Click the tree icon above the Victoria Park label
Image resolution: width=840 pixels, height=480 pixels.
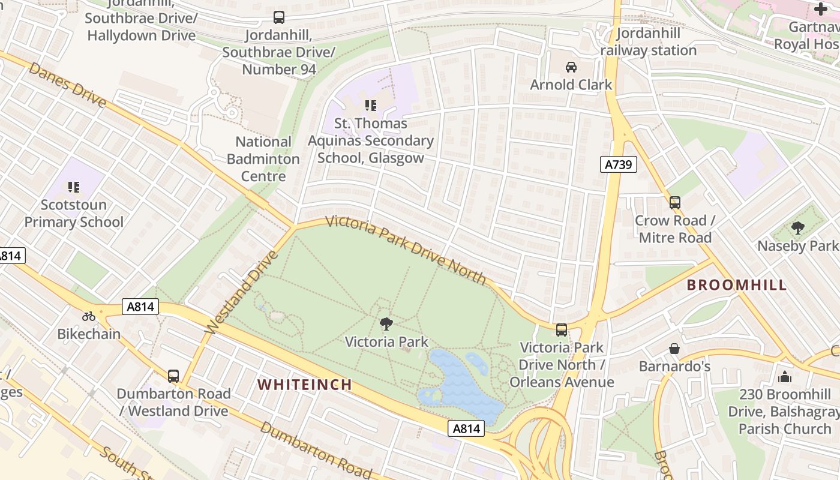pos(386,324)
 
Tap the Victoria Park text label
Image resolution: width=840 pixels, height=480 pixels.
pos(386,342)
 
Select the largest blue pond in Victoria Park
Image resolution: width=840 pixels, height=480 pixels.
pos(462,384)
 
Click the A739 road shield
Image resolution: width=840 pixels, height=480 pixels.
pos(618,164)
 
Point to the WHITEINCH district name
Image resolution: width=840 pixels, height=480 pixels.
pos(305,385)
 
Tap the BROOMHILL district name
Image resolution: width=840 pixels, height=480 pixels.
pos(736,285)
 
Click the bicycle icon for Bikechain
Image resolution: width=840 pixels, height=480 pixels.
pos(89,316)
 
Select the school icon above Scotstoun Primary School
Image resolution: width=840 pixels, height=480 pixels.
pos(74,187)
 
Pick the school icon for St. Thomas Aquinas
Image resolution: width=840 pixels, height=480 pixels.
pos(371,106)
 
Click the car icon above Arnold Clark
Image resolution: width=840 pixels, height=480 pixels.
pos(571,67)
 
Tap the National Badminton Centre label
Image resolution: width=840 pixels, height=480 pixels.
pos(263,159)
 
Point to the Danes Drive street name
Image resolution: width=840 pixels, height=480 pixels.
pos(67,85)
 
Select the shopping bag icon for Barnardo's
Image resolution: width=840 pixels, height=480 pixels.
pos(674,349)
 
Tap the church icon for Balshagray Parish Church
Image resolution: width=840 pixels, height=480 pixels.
pos(784,377)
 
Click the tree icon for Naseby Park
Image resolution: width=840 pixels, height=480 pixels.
pos(797,228)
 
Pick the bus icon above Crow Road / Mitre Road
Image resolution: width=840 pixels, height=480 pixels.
pos(675,203)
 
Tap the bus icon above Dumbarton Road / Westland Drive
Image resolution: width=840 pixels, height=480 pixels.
pos(173,376)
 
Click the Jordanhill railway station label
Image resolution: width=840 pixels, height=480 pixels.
pos(649,41)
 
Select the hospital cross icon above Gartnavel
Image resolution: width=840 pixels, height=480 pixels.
pos(820,9)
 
